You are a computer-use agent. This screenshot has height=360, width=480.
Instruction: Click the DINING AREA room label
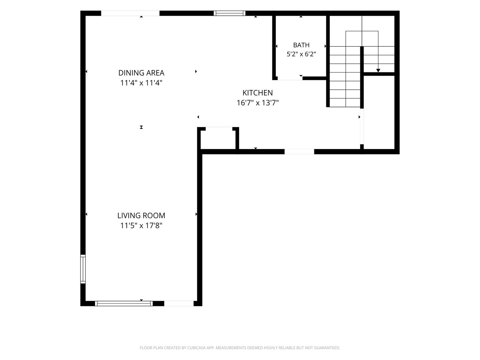(x=141, y=73)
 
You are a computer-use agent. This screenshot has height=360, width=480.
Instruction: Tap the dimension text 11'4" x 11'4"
(x=141, y=83)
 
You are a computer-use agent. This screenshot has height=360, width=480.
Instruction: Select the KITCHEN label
(x=258, y=93)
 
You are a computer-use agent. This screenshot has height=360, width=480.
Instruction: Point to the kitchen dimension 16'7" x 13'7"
(x=258, y=103)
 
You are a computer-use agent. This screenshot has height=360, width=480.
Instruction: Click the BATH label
(x=301, y=45)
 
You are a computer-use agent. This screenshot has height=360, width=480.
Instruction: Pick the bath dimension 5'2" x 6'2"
(x=301, y=54)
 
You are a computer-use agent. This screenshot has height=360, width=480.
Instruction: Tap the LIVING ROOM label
(x=141, y=216)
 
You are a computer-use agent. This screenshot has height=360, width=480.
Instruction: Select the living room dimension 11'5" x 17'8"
(x=141, y=225)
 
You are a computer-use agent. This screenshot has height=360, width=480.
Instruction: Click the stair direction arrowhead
(x=378, y=70)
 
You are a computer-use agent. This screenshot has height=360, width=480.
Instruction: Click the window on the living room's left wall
(x=83, y=269)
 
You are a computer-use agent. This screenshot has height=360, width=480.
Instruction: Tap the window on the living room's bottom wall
(x=124, y=303)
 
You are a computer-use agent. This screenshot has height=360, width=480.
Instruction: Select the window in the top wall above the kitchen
(x=229, y=13)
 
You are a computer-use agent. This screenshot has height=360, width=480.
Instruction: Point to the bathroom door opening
(x=290, y=78)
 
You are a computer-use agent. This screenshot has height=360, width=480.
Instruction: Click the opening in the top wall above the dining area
(x=130, y=13)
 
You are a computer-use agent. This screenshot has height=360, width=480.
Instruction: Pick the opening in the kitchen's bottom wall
(x=299, y=151)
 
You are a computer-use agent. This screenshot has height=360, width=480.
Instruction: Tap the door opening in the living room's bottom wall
(x=179, y=303)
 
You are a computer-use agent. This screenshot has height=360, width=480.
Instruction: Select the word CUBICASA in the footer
(x=196, y=348)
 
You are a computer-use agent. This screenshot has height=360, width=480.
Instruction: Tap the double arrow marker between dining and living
(x=141, y=127)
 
